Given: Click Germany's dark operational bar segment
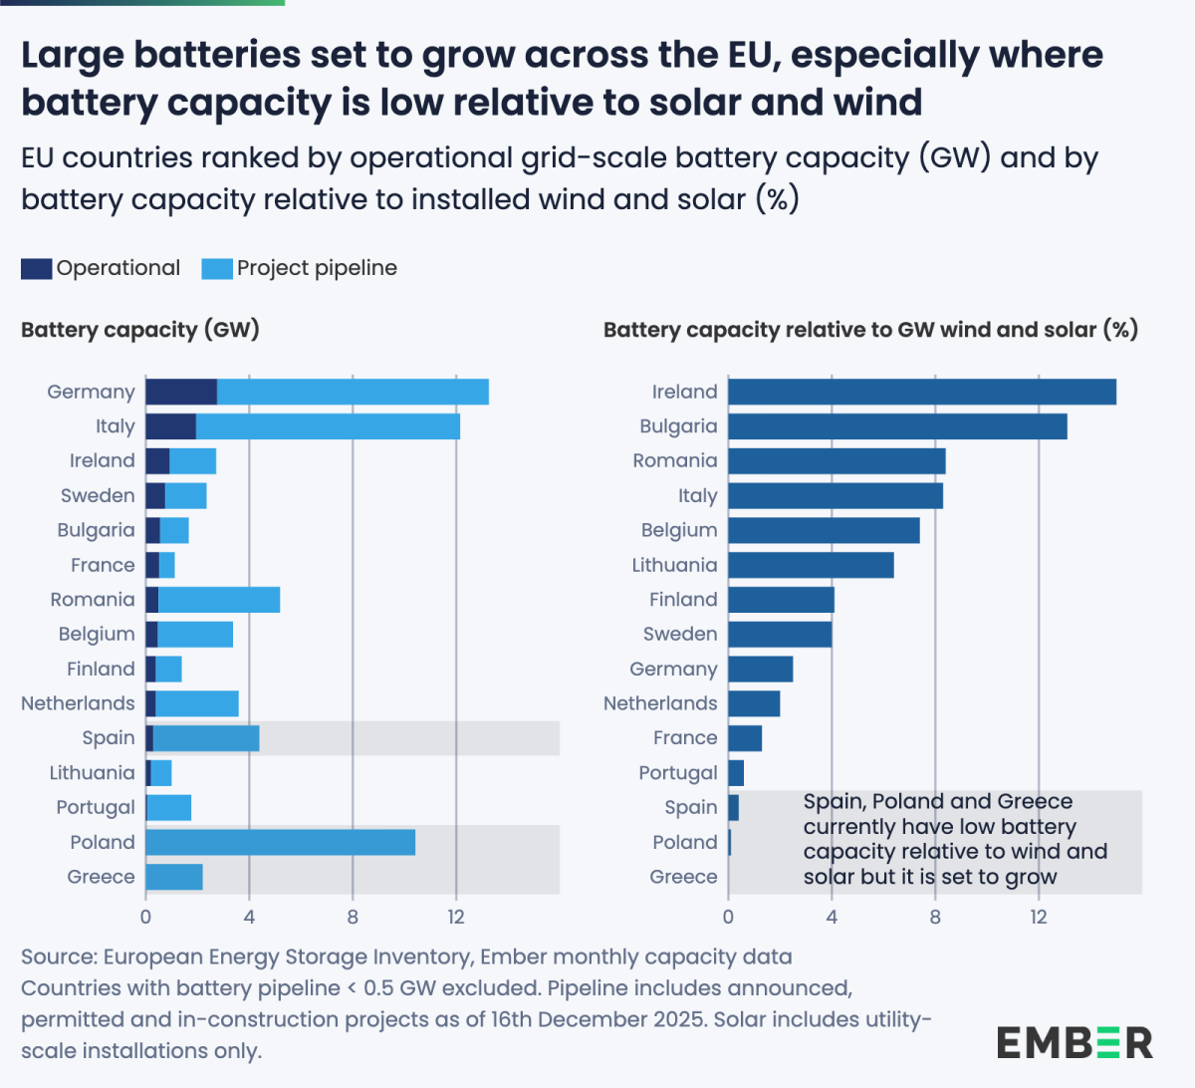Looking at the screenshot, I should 181,392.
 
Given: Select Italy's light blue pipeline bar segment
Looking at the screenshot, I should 328,426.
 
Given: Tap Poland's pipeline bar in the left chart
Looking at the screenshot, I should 280,842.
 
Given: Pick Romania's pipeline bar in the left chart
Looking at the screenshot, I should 219,600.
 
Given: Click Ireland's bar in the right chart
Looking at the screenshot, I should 921,392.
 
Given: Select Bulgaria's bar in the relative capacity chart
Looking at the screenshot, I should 897,426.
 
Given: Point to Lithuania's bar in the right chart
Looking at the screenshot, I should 811,565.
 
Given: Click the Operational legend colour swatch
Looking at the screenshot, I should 36,268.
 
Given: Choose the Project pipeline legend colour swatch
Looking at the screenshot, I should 216,268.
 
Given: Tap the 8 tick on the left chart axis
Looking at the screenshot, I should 353,917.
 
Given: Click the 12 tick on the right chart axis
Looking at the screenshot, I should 1039,917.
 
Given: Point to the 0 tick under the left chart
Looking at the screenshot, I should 145,917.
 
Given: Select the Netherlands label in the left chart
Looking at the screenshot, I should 78,703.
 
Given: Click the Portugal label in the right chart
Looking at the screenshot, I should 678,773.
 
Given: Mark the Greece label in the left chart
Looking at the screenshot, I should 101,877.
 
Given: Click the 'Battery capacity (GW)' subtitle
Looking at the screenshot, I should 140,330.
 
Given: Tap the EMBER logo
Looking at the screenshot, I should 1075,1043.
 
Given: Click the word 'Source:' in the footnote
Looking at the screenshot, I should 58,956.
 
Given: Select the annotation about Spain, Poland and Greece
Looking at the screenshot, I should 954,839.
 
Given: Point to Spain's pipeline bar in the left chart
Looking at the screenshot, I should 206,738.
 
